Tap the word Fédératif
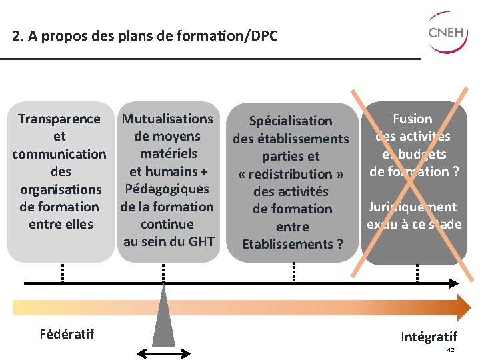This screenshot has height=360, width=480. [x=67, y=333]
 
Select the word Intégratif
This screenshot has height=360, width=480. [x=429, y=337]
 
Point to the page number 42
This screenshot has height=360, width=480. [x=450, y=350]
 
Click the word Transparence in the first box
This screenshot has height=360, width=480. [x=59, y=119]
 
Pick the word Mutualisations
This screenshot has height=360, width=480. [x=168, y=119]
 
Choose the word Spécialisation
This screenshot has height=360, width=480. [x=291, y=121]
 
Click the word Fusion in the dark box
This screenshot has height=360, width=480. [x=413, y=119]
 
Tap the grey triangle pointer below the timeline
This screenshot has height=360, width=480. [x=163, y=320]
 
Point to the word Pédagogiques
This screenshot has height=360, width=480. [x=167, y=189]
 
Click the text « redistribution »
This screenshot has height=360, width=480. [x=291, y=173]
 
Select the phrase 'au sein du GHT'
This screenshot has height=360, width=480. [x=168, y=241]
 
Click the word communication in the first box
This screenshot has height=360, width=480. [x=59, y=154]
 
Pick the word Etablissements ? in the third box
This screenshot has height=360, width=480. [x=292, y=243]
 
